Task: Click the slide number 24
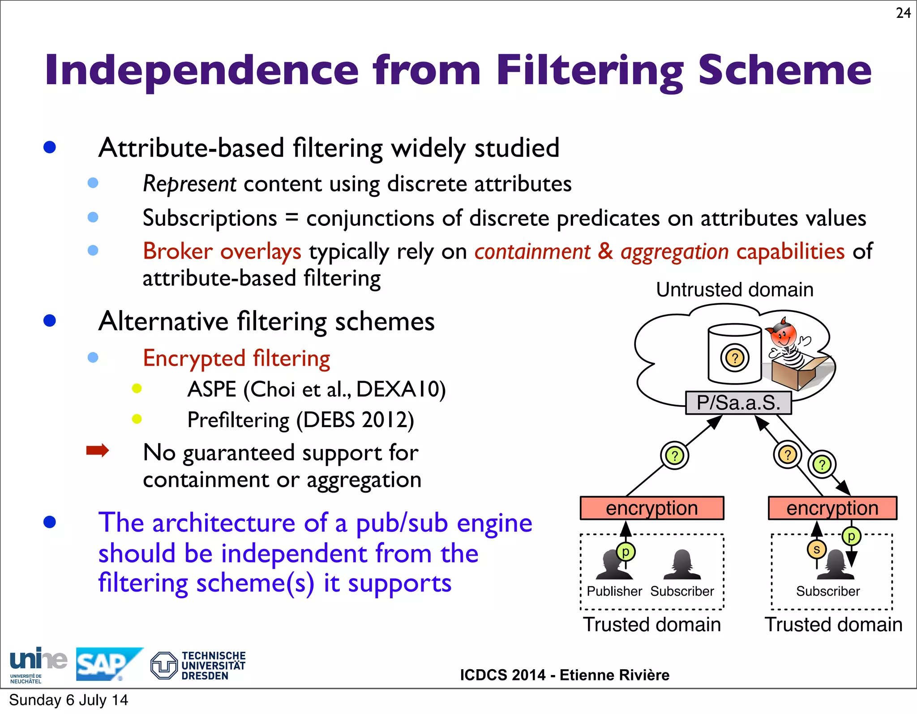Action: tap(903, 13)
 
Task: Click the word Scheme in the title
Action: tap(785, 70)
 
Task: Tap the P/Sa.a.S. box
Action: tap(738, 402)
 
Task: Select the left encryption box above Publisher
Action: tap(651, 508)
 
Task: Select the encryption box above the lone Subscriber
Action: tap(832, 508)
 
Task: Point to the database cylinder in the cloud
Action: tap(734, 354)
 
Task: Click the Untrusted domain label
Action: tap(734, 290)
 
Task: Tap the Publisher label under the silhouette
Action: tap(614, 591)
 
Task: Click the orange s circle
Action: tap(816, 550)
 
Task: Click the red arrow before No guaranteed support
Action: tap(98, 450)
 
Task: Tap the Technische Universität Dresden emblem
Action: tap(164, 666)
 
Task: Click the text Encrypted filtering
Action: tap(236, 358)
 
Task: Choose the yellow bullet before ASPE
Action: tap(137, 389)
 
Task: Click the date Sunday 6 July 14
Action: tap(69, 700)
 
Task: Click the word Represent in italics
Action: tap(189, 184)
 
